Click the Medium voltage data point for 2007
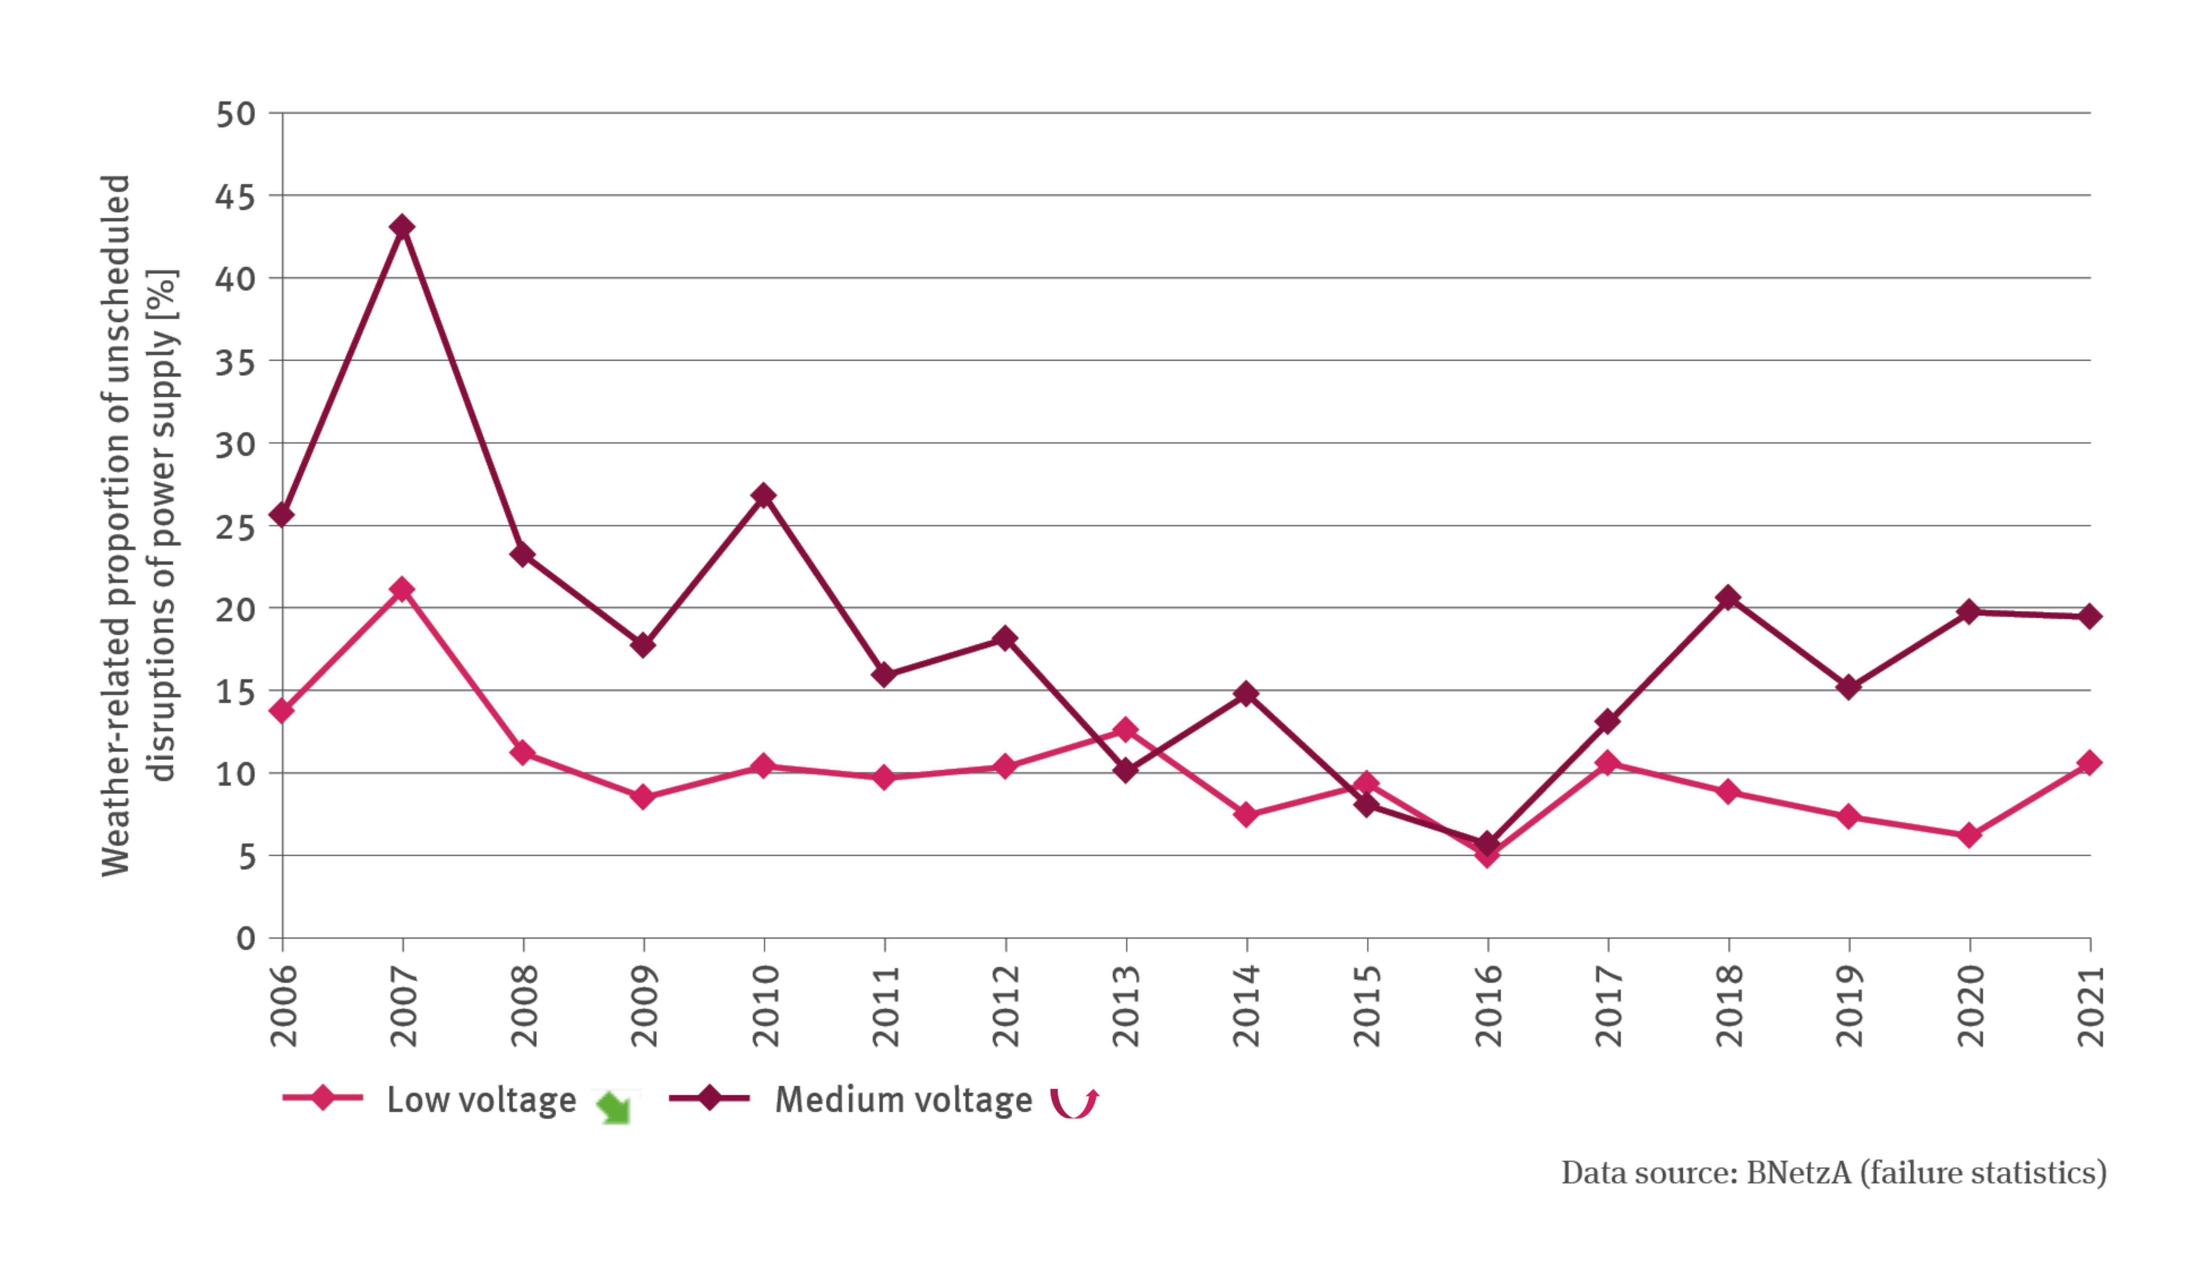point(402,227)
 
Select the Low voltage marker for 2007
point(402,590)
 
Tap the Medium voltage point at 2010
point(764,496)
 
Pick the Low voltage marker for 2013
point(1126,729)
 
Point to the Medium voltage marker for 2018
point(1728,597)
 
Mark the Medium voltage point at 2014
point(1246,694)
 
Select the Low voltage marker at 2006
point(282,711)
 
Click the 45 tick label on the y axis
point(235,197)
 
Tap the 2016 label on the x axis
point(1489,1006)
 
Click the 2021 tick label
point(2091,1006)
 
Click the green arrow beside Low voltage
point(615,1106)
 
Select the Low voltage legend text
point(481,1100)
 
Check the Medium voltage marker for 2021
point(2089,617)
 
